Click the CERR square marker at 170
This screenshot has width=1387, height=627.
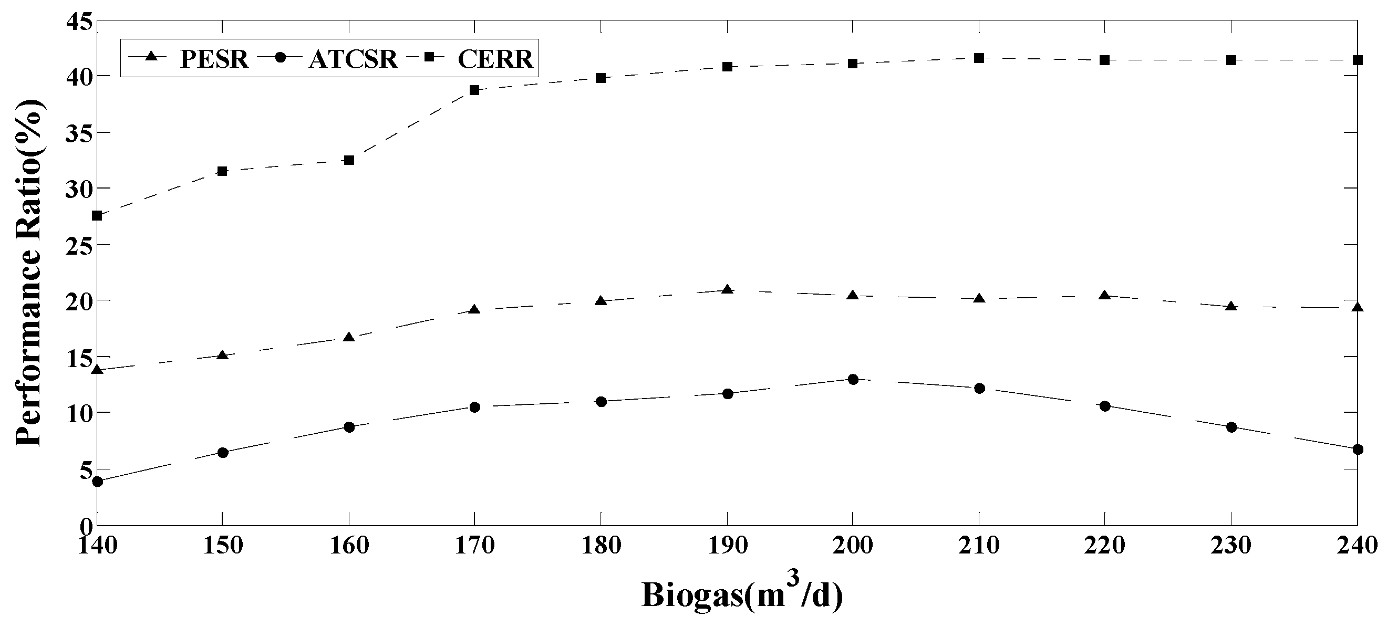[x=474, y=90]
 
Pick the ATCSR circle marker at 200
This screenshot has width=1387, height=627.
[x=853, y=380]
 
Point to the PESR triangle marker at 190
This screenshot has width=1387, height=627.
[x=728, y=289]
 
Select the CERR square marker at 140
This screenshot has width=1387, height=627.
[x=97, y=216]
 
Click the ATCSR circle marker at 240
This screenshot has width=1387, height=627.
[x=1358, y=450]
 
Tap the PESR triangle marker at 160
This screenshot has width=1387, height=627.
[x=349, y=338]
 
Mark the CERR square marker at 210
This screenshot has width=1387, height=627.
[x=979, y=58]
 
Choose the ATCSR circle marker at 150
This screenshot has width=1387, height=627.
[x=223, y=453]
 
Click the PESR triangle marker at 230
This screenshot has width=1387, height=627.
[x=1231, y=306]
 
